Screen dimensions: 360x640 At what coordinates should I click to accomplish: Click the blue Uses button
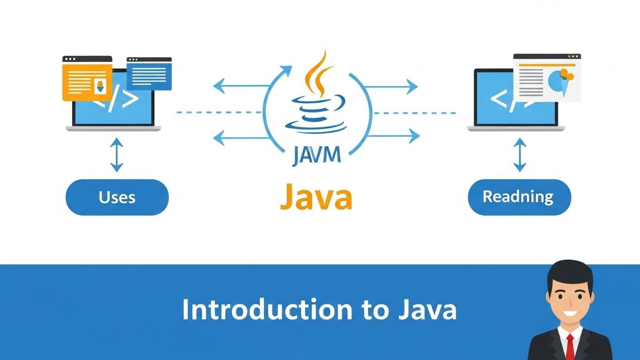click(117, 197)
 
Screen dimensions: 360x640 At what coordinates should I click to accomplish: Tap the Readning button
click(519, 196)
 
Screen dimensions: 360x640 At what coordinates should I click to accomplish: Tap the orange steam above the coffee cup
click(316, 75)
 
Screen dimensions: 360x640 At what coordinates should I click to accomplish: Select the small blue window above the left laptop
click(149, 74)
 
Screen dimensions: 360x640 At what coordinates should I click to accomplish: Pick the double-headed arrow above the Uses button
click(116, 155)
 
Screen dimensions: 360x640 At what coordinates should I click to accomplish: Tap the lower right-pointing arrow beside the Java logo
click(394, 136)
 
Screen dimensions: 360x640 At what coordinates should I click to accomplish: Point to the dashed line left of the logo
click(218, 112)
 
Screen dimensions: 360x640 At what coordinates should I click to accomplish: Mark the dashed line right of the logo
click(415, 113)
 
